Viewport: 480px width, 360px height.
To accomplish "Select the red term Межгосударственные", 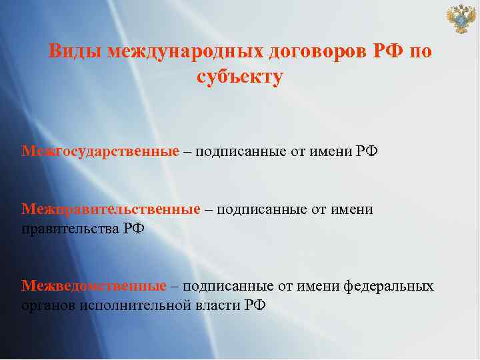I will (x=100, y=151).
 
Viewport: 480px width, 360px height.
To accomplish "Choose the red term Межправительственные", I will (x=111, y=210).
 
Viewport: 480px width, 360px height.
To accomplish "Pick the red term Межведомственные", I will (x=94, y=286).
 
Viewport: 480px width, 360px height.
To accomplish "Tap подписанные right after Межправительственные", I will (x=261, y=210).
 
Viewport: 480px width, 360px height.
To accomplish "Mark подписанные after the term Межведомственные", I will (x=228, y=286).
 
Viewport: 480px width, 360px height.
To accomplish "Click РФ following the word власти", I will (x=254, y=305).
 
